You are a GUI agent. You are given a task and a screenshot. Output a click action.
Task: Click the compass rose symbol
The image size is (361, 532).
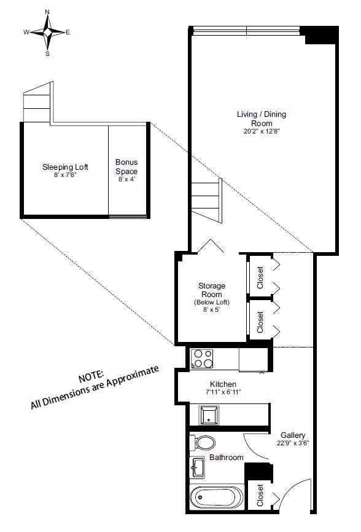click(47, 33)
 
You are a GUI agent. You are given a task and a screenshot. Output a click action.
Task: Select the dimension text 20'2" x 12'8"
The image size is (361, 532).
click(262, 130)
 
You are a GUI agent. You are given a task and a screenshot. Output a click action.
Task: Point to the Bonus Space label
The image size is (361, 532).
click(126, 167)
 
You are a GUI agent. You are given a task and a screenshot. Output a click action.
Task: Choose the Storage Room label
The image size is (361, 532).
click(211, 290)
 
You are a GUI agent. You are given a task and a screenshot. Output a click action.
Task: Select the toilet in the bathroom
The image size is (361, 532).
click(203, 443)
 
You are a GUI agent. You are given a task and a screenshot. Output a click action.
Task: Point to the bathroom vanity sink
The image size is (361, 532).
click(196, 467)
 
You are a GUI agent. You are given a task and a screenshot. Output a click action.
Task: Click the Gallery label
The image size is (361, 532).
click(292, 435)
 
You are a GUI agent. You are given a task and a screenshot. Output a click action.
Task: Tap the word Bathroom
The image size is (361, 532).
click(226, 458)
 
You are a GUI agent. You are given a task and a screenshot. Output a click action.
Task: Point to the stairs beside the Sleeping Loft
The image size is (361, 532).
click(36, 106)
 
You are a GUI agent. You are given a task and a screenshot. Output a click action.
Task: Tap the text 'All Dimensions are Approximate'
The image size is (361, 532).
click(95, 387)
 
